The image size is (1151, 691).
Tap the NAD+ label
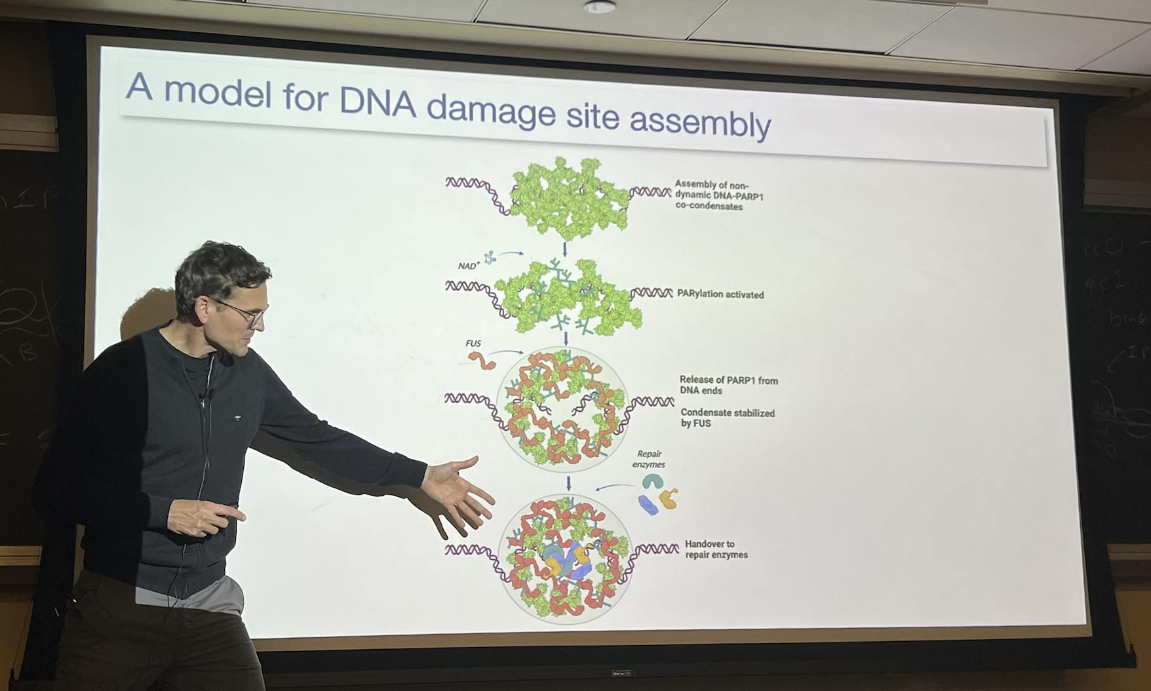pos(469,266)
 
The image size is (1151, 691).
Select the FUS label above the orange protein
pos(473,344)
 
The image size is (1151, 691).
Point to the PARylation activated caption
pos(720,295)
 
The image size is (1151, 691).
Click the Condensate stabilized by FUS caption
pos(727,418)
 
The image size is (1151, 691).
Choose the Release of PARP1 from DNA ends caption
pos(728,385)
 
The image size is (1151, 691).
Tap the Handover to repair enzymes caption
pos(716,549)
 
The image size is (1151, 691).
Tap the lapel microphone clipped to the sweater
pos(208,395)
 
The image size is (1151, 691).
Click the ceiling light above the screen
pos(599,7)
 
